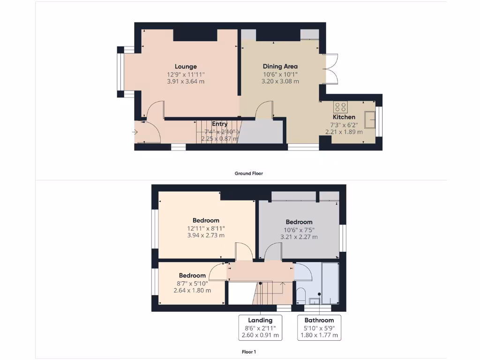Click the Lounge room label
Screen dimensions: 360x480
point(186,67)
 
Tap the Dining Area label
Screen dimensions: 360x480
point(280,67)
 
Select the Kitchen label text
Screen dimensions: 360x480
point(344,117)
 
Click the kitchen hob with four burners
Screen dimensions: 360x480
point(340,106)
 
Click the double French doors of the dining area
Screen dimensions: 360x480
point(330,69)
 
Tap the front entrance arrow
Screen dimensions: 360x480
point(135,132)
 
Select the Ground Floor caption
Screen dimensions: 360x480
point(249,173)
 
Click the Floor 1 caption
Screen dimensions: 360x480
point(249,352)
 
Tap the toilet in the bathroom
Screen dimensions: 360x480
point(301,296)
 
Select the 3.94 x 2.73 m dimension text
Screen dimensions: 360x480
point(206,235)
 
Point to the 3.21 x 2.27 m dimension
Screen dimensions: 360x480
point(299,237)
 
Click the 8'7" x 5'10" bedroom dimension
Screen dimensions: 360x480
point(192,283)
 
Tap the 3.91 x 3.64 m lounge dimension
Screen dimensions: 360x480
point(186,81)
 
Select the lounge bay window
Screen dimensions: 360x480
point(121,72)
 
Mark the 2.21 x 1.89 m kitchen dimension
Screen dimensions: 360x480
point(344,132)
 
